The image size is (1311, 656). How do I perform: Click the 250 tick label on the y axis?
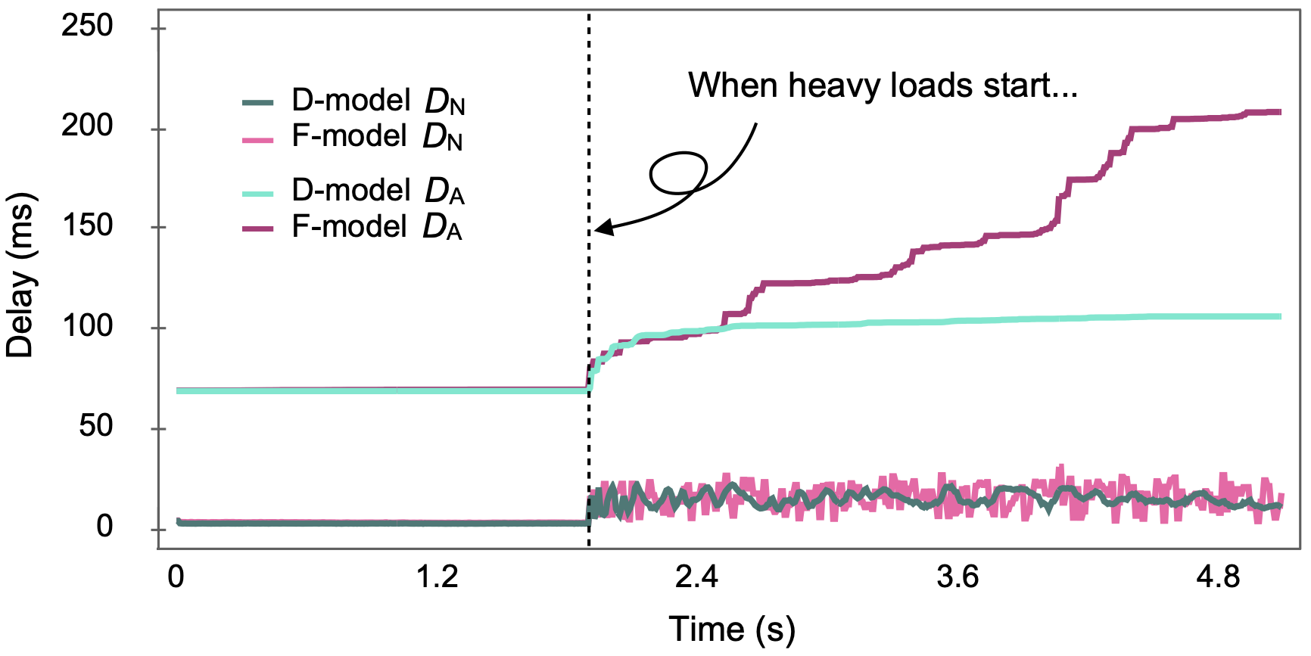click(87, 26)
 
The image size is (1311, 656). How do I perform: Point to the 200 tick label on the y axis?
click(87, 126)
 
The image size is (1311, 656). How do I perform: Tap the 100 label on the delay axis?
click(87, 326)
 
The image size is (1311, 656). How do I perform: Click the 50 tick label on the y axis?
click(95, 426)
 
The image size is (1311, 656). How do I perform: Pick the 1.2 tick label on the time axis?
click(438, 577)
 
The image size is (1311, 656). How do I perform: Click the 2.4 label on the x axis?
click(696, 577)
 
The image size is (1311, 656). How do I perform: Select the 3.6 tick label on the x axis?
click(958, 577)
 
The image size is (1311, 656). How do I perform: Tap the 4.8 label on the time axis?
click(1218, 577)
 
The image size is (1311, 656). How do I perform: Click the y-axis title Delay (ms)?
click(20, 277)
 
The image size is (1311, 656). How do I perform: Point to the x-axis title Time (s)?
click(732, 630)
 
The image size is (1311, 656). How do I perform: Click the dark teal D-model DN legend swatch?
click(258, 103)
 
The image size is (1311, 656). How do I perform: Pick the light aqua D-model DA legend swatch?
click(258, 194)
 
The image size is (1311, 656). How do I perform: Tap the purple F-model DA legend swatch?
click(258, 229)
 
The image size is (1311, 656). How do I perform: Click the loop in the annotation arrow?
click(678, 173)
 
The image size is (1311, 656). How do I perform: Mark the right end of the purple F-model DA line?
click(1279, 112)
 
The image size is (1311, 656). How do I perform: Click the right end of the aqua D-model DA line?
click(1279, 316)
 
